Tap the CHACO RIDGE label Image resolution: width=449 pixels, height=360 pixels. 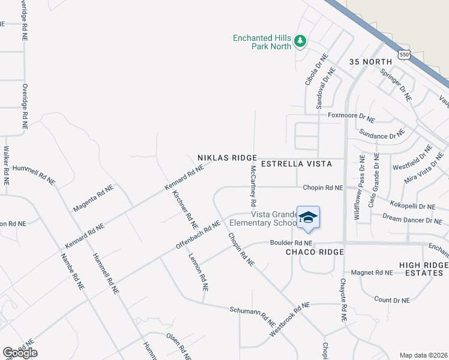coord(315,252)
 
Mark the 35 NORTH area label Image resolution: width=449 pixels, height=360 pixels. coord(370,62)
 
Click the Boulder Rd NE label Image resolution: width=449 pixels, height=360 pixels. coord(291,243)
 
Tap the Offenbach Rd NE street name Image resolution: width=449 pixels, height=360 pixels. coord(197,236)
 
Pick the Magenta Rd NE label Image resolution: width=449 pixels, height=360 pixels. coord(93,198)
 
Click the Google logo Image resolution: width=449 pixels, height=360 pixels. coord(20,353)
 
